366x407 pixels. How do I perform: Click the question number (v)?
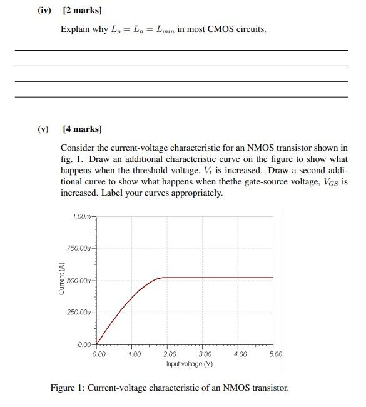[43, 129]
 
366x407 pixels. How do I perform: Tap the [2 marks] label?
[82, 11]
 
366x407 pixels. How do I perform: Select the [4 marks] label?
[82, 129]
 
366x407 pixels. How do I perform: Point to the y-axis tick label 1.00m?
[82, 216]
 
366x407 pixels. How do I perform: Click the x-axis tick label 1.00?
[134, 354]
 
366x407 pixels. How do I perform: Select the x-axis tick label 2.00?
[170, 354]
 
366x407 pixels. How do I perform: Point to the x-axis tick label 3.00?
[205, 354]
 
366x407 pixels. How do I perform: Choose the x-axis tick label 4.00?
[241, 354]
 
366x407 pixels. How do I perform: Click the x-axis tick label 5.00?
[276, 354]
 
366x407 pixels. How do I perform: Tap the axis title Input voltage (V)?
[190, 364]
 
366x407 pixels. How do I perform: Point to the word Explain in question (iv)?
[76, 29]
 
